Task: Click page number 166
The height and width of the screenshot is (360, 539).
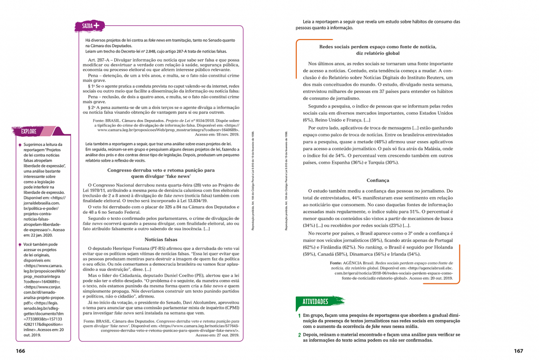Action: coord(21,351)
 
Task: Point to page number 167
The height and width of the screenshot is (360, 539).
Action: coord(518,351)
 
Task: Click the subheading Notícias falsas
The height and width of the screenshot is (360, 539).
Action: coord(162,239)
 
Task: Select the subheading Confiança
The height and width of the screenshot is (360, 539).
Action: coord(378,180)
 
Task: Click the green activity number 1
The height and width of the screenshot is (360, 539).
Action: coord(299,315)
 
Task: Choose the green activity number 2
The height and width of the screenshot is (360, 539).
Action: coord(299,334)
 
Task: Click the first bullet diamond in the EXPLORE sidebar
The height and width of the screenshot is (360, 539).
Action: coord(19,145)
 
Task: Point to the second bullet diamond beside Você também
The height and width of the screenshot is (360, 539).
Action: coord(19,245)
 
